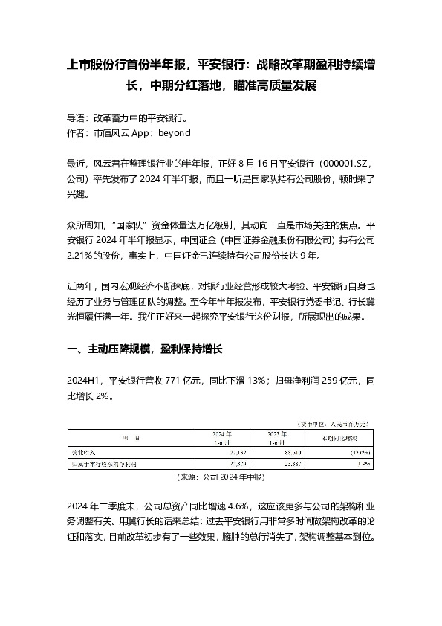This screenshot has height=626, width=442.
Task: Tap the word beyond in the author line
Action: pos(175,133)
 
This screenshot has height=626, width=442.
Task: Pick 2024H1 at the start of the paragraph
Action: pos(83,381)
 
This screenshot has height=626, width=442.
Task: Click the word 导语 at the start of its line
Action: pos(76,118)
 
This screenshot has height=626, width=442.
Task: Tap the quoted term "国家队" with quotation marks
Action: pos(130,224)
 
